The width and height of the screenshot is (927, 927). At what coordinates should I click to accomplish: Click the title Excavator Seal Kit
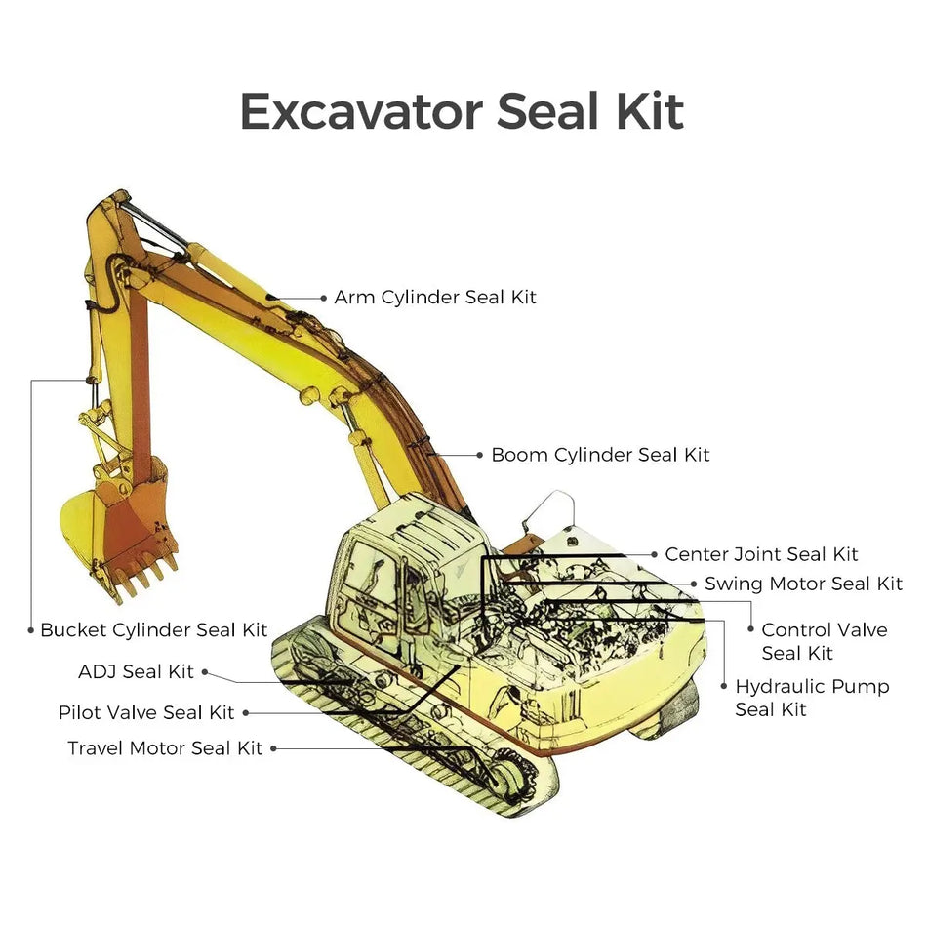(x=461, y=111)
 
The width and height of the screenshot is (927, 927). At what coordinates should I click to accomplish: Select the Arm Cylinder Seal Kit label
(x=434, y=297)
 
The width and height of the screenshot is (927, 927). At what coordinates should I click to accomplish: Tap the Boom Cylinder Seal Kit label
(x=600, y=455)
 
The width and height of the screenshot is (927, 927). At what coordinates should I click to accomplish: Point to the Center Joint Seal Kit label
(x=761, y=554)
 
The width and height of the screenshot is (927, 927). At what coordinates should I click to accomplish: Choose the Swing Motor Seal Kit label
(x=803, y=584)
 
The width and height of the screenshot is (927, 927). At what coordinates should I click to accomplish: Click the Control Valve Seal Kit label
(x=824, y=641)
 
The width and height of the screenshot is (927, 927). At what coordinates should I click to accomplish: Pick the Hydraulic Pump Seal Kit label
(x=812, y=698)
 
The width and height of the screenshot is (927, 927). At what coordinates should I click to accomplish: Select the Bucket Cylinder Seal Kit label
(x=153, y=630)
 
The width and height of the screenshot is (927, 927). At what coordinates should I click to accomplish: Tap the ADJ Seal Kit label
(x=136, y=671)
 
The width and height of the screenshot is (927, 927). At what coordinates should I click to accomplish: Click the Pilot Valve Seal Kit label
(x=146, y=712)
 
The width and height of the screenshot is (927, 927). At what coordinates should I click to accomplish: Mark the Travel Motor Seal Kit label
(x=165, y=748)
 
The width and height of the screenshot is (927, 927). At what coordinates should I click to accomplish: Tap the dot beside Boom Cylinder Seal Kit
(x=479, y=455)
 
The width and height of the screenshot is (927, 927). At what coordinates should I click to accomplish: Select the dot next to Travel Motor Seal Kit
(x=274, y=748)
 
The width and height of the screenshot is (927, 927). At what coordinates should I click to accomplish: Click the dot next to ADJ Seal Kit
(x=204, y=671)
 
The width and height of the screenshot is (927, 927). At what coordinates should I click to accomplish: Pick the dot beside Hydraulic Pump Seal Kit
(x=723, y=687)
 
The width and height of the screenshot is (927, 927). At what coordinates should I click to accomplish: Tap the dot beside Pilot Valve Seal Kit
(x=245, y=712)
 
